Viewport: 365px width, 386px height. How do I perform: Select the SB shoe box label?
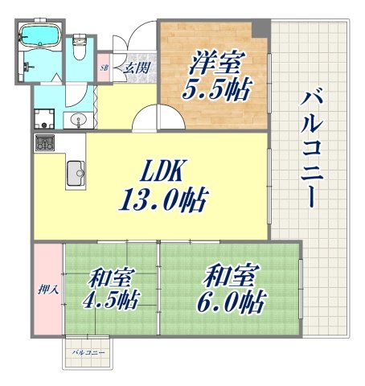coord(105,68)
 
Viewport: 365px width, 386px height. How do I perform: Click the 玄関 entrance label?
coord(134,68)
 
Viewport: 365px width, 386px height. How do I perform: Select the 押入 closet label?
coord(47,288)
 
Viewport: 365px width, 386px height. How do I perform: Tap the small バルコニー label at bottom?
coord(88,353)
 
